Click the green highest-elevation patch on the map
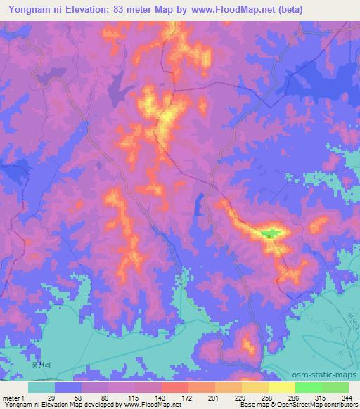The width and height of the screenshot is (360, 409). (270, 233)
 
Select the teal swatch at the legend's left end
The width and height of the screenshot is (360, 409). (41, 388)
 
